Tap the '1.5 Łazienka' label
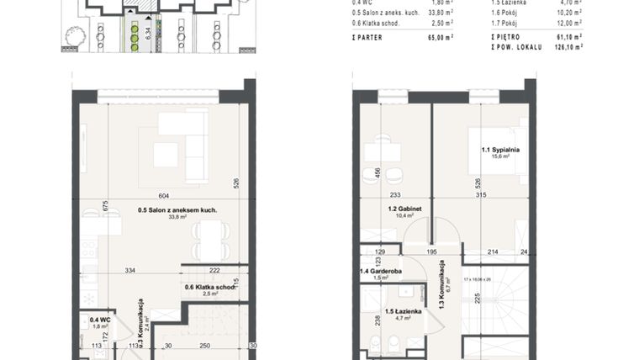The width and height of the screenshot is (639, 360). pos(395,313)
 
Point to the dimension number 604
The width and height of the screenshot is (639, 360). pos(164,194)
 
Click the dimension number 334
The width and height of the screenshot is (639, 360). pos(130,270)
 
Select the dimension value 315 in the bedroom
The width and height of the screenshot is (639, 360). pos(481,196)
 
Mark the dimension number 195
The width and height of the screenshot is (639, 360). pos(432,251)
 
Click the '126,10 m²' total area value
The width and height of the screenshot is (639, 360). pos(567,47)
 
